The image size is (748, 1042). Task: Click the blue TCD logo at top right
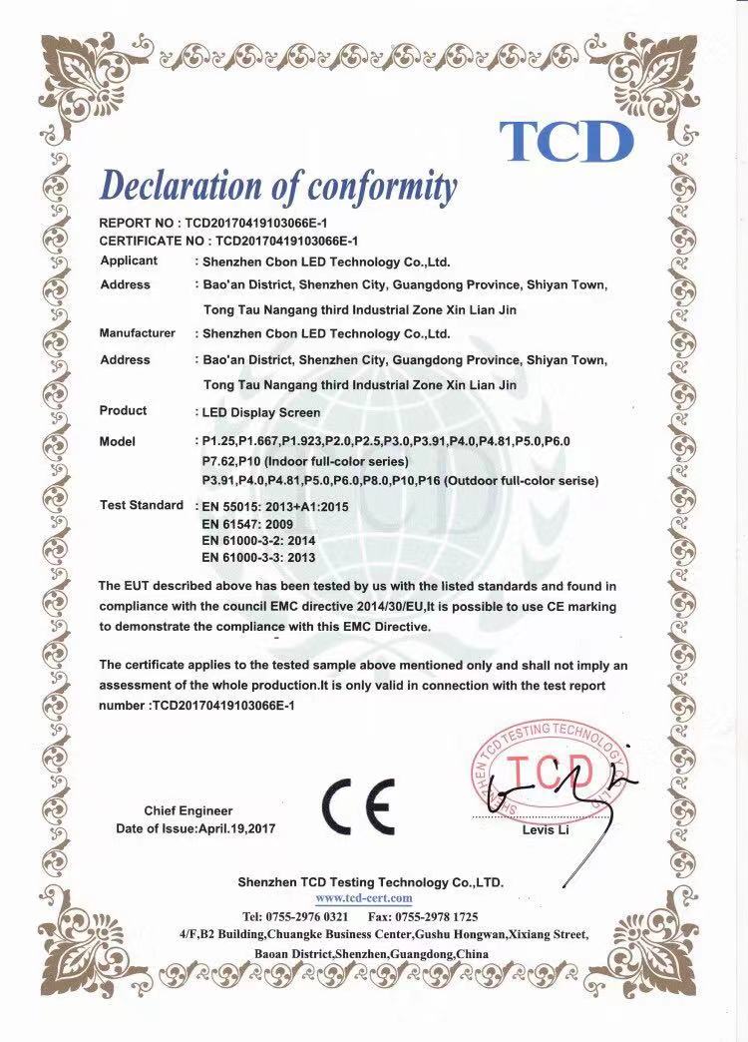(x=566, y=141)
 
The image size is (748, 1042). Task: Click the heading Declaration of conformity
(x=278, y=187)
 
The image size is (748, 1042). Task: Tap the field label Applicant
(x=129, y=261)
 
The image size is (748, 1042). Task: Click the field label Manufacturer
(x=138, y=333)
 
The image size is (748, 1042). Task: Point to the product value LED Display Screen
(x=260, y=412)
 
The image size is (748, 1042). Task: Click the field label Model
(x=118, y=442)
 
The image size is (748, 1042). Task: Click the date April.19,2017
(x=236, y=829)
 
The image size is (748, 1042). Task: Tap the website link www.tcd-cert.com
(x=370, y=898)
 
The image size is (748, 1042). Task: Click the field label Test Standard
(x=142, y=506)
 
